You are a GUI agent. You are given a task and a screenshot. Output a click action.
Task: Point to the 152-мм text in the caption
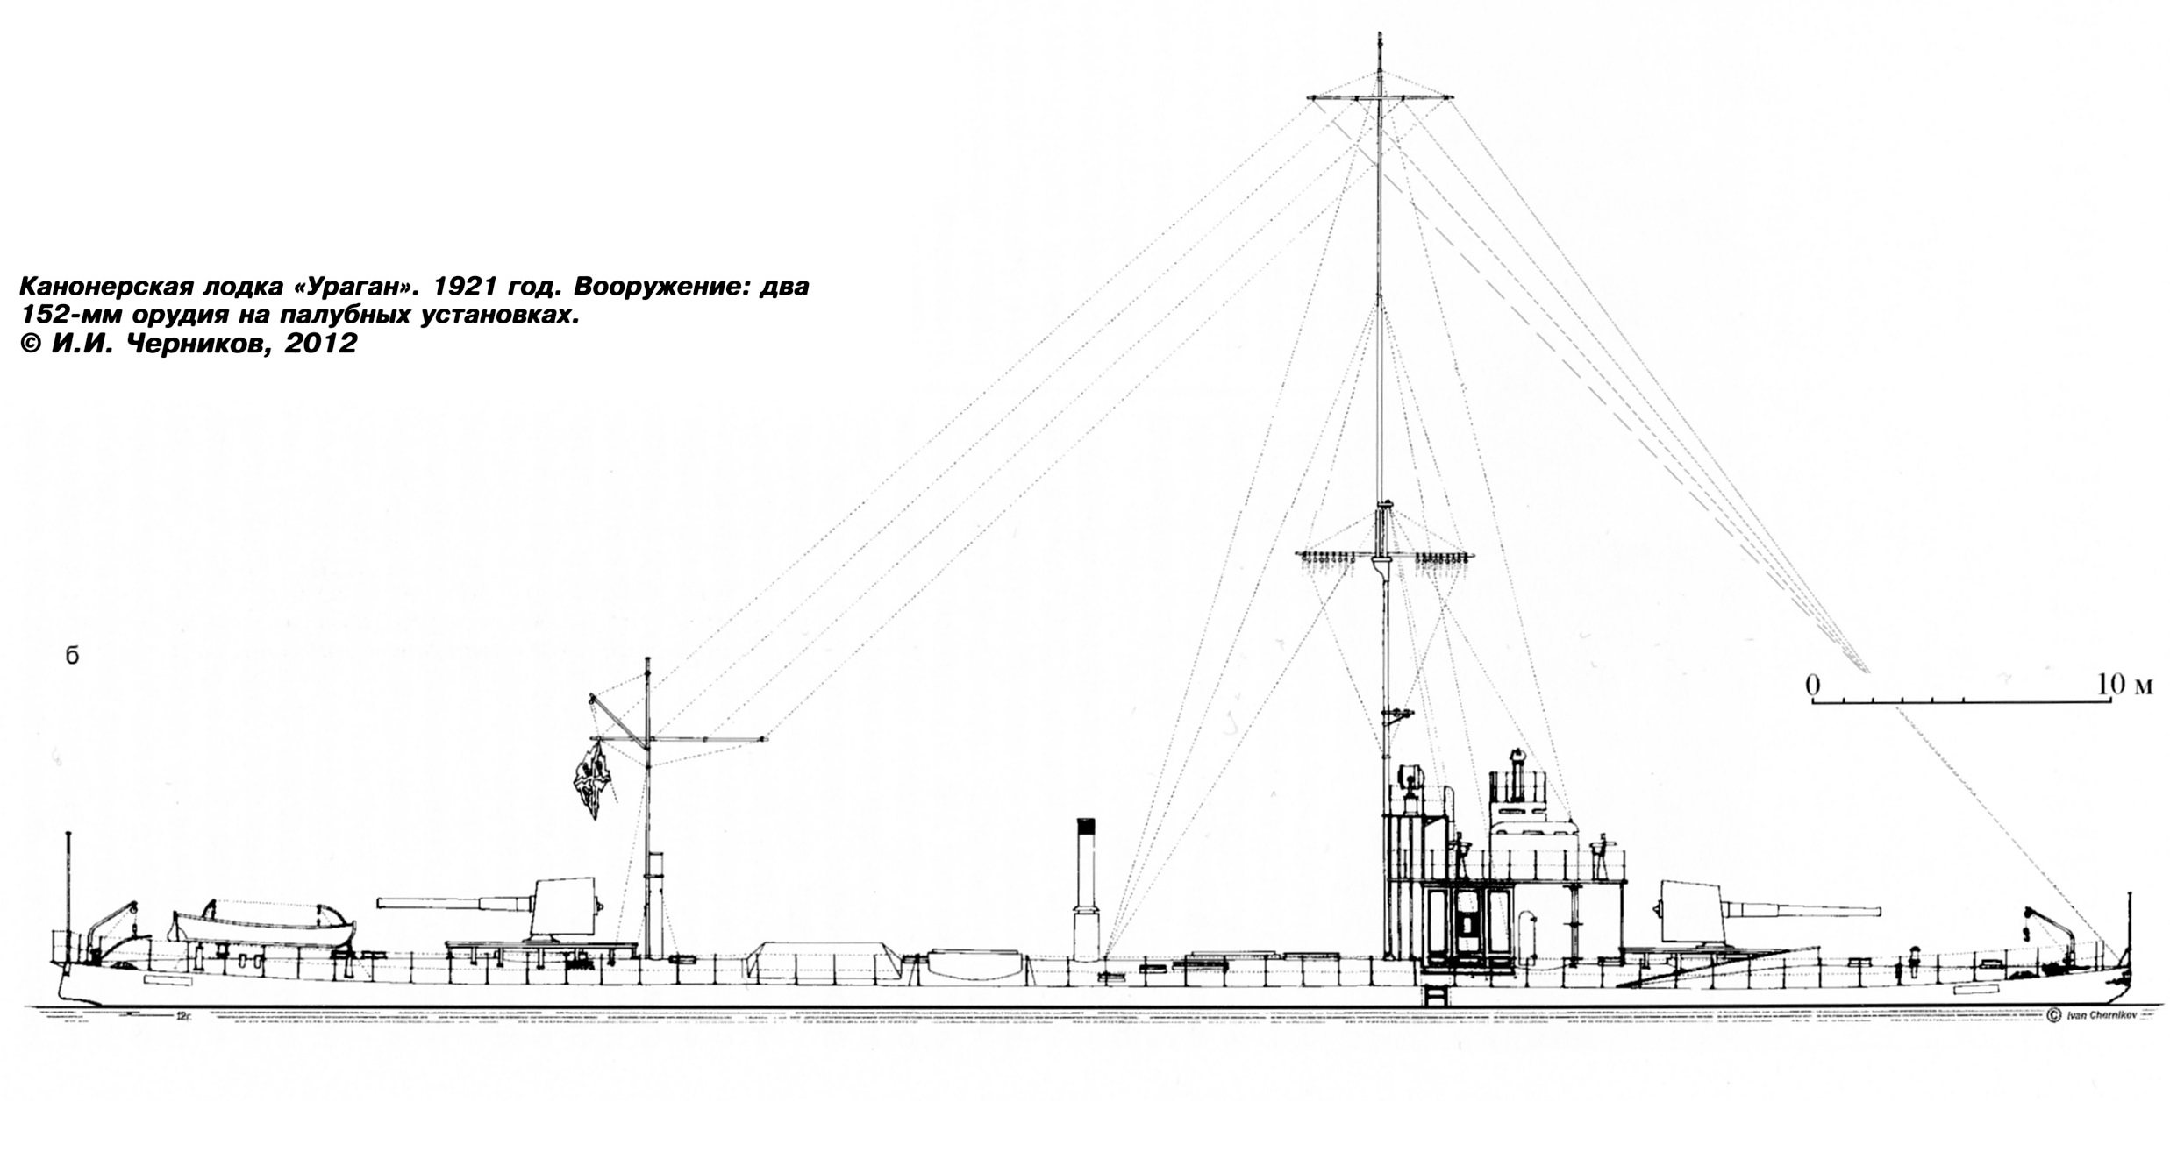[70, 316]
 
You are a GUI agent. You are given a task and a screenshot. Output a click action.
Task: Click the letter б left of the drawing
[72, 656]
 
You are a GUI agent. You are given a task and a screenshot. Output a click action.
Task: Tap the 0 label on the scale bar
[1813, 685]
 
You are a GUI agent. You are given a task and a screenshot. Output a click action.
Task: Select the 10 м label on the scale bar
[2124, 685]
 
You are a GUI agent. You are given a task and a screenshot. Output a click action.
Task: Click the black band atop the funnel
[1086, 826]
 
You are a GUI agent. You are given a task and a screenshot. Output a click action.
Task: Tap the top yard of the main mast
[1380, 97]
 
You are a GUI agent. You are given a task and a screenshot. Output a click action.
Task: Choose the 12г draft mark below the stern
[182, 1017]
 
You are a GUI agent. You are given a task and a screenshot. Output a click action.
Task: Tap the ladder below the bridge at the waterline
[1436, 995]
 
